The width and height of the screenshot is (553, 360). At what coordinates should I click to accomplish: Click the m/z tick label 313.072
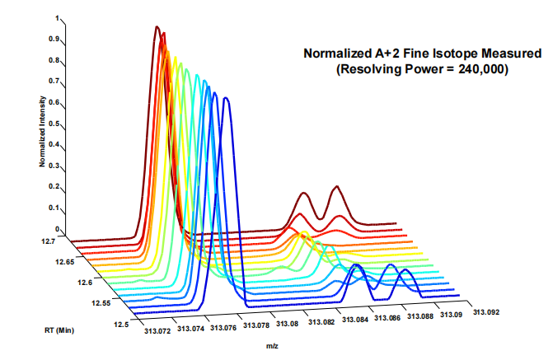pyautogui.click(x=157, y=331)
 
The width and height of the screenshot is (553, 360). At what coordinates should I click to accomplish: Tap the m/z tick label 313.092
pyautogui.click(x=486, y=312)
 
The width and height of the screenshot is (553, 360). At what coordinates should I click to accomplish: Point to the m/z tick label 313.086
pyautogui.click(x=387, y=318)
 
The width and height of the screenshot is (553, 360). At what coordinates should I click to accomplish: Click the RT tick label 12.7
pyautogui.click(x=48, y=241)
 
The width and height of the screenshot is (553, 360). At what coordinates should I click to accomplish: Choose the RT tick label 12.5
pyautogui.click(x=122, y=325)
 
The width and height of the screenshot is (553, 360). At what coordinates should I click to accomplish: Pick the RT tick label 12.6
pyautogui.click(x=85, y=283)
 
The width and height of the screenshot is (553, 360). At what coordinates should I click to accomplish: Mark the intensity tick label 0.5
pyautogui.click(x=54, y=124)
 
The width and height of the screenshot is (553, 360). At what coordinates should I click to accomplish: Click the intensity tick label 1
pyautogui.click(x=57, y=18)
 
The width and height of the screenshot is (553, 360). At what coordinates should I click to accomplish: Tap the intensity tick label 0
pyautogui.click(x=57, y=229)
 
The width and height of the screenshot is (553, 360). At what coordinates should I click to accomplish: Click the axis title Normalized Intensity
pyautogui.click(x=42, y=131)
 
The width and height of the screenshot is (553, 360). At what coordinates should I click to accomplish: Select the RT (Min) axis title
pyautogui.click(x=59, y=330)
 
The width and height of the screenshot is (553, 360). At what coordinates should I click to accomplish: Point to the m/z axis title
pyautogui.click(x=272, y=346)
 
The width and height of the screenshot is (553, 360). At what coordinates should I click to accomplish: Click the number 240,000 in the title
pyautogui.click(x=483, y=69)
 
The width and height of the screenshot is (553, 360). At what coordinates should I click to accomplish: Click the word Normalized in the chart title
pyautogui.click(x=336, y=54)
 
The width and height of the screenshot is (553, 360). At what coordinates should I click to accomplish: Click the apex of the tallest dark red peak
pyautogui.click(x=157, y=26)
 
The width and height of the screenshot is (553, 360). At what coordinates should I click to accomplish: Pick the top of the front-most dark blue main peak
pyautogui.click(x=226, y=98)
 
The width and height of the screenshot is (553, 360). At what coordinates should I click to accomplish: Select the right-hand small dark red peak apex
pyautogui.click(x=337, y=186)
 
